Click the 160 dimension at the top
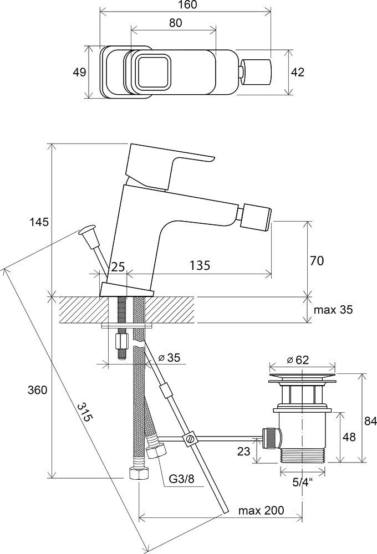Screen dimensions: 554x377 185,5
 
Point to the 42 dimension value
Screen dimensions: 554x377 298,72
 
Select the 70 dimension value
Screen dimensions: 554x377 317,260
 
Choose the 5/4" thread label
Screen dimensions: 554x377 302,481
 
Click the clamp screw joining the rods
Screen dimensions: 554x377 190,439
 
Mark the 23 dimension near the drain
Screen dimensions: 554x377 243,452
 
